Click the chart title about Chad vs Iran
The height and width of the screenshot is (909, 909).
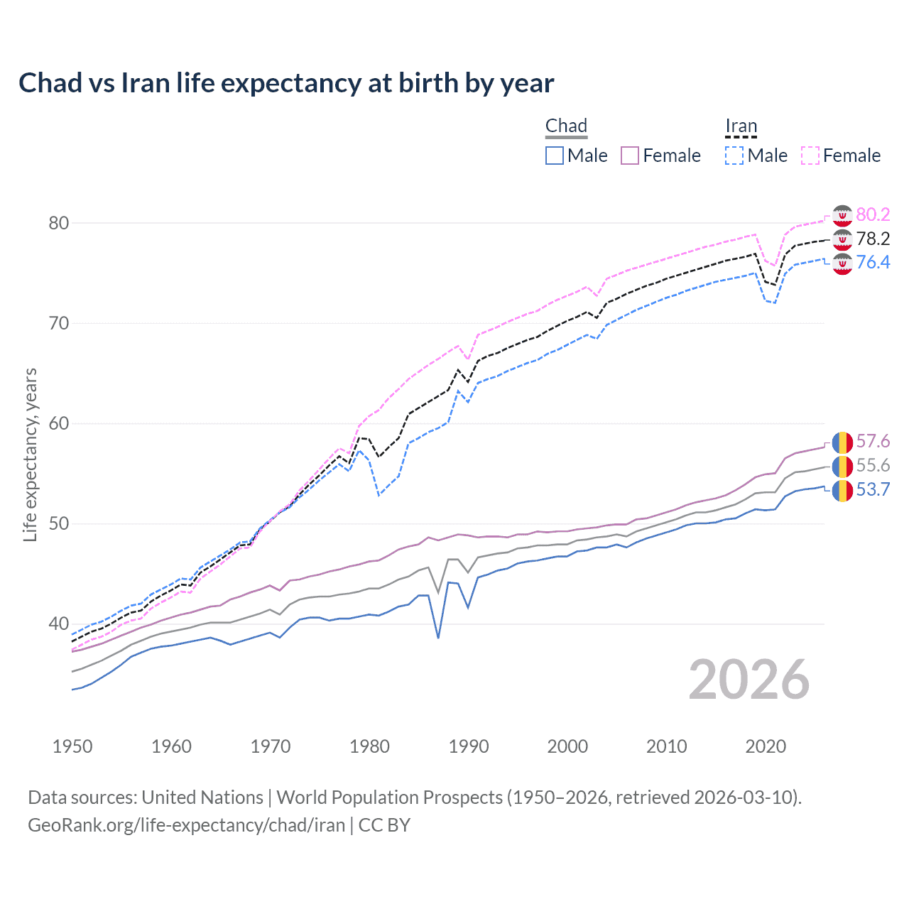tap(286, 83)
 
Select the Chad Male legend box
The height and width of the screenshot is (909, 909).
tap(555, 156)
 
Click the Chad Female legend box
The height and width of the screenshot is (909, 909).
tap(630, 156)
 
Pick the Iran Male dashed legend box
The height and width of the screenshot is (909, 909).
tap(734, 156)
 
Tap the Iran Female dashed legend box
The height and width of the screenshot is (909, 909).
tap(810, 156)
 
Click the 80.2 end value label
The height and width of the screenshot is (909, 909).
tap(873, 214)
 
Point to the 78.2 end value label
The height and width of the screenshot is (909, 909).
tap(873, 239)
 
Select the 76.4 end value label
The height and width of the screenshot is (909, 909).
tap(873, 262)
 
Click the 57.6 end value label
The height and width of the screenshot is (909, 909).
tap(873, 442)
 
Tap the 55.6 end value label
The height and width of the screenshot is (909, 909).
tap(873, 465)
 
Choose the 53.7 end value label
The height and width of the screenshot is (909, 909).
tap(873, 489)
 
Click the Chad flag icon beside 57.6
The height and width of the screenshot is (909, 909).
tap(842, 442)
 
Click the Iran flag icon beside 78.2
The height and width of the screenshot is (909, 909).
tap(842, 239)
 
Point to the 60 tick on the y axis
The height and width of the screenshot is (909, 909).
tap(58, 424)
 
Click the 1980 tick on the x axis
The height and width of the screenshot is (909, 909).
tap(369, 746)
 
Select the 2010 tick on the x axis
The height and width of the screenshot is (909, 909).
tap(666, 746)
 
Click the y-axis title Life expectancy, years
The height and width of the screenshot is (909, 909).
tap(30, 454)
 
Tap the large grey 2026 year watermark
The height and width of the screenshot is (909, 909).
tap(749, 680)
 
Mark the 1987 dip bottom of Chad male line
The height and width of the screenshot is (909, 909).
tap(438, 638)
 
